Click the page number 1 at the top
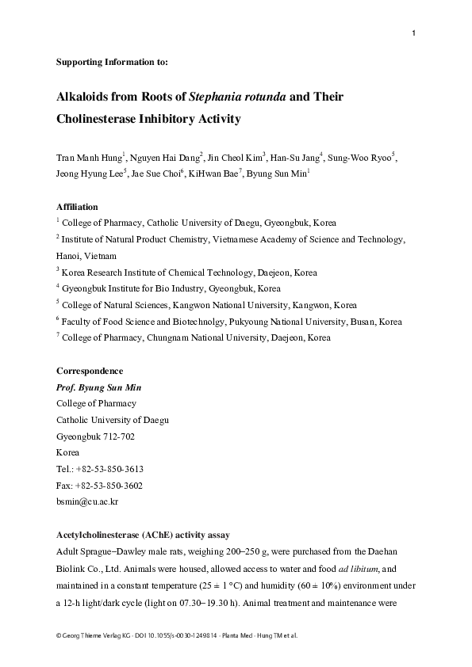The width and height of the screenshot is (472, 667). (x=414, y=33)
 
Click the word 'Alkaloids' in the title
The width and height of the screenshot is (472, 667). (x=86, y=99)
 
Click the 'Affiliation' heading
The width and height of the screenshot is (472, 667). (x=77, y=208)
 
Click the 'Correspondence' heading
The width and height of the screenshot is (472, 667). (x=90, y=371)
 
